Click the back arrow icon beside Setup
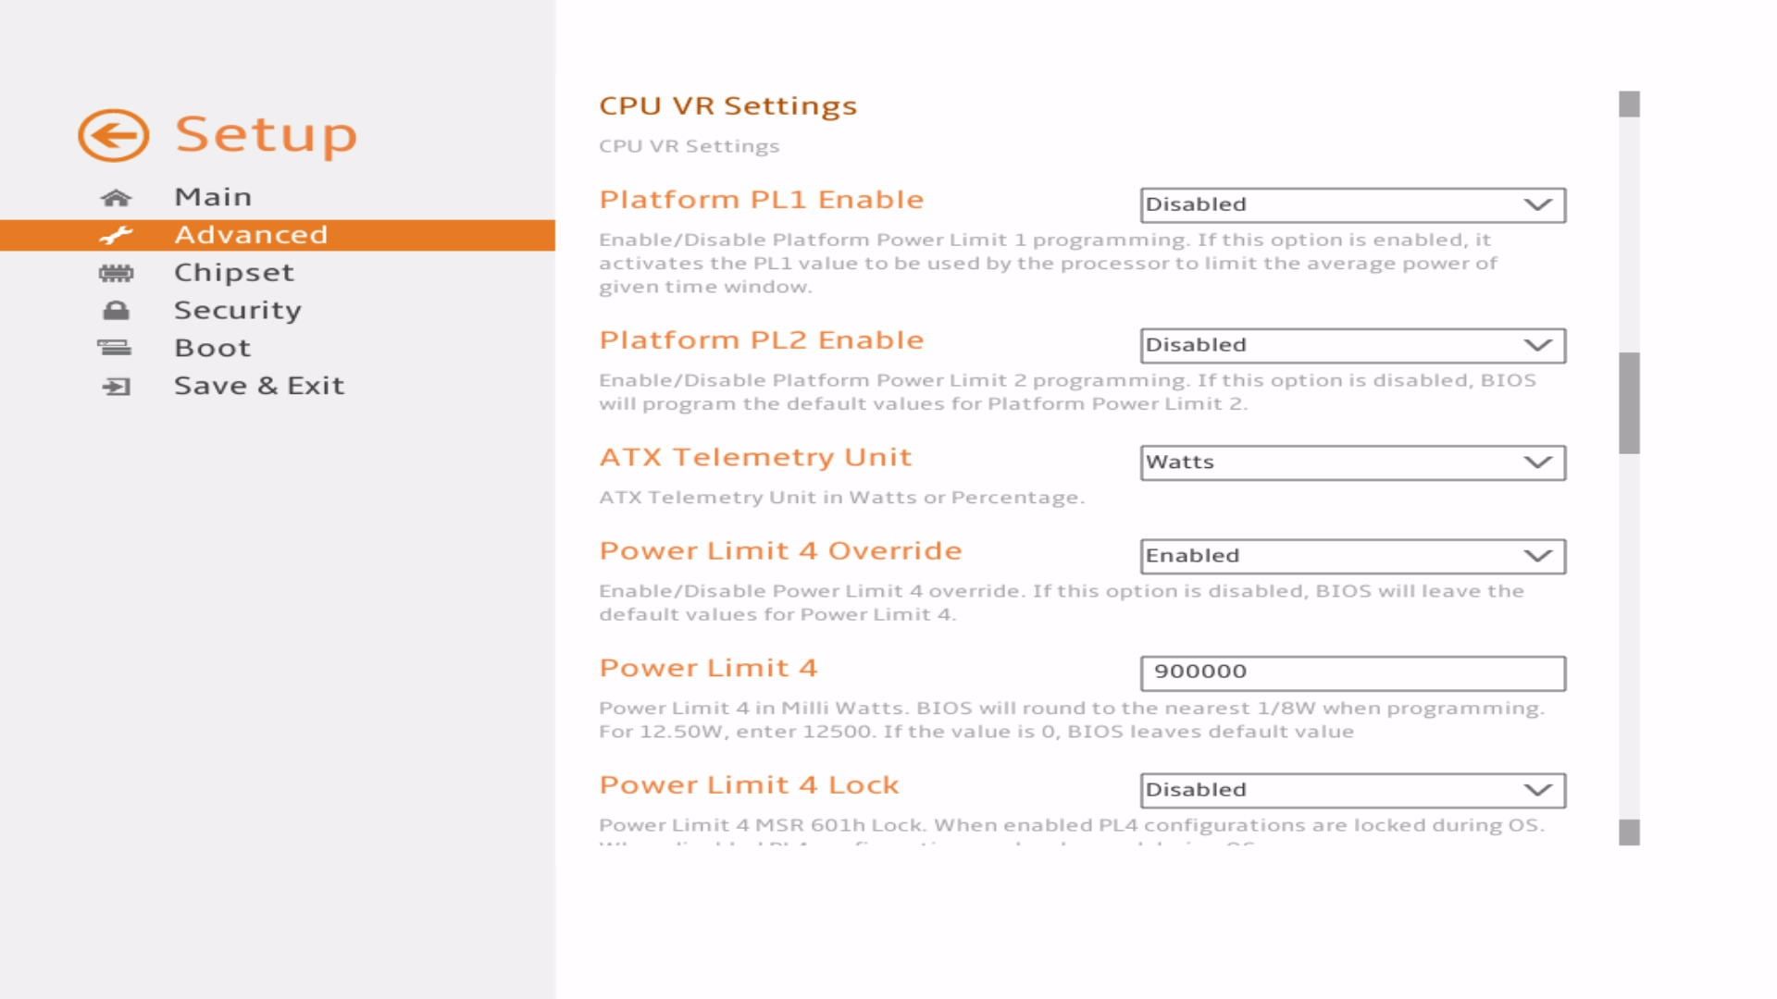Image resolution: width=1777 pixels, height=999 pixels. pos(113,135)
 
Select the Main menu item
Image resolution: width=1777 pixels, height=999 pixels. pos(213,197)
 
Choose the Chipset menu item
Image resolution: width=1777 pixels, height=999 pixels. pos(233,272)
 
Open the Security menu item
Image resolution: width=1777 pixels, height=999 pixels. pos(237,310)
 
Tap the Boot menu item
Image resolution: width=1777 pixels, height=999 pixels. pos(212,348)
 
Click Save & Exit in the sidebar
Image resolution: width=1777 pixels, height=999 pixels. pos(258,386)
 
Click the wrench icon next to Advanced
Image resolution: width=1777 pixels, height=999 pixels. pos(116,235)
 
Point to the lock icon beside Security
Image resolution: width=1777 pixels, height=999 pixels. pos(116,311)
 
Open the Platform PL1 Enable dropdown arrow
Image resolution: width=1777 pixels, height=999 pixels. pos(1537,204)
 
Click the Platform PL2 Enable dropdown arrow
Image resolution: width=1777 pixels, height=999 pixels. pos(1537,345)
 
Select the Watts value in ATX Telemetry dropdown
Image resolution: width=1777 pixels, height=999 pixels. pos(1179,462)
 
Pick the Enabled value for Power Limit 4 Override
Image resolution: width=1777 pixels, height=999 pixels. pos(1192,556)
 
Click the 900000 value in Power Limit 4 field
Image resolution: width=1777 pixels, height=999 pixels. pos(1199,672)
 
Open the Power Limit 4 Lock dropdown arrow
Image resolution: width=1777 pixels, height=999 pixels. pos(1537,790)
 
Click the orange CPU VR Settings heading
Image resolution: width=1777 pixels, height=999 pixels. pos(727,105)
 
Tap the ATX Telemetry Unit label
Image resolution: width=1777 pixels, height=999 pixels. pos(755,457)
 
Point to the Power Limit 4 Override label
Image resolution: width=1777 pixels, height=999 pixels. pos(780,550)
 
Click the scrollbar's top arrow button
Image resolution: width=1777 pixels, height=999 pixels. pos(1629,105)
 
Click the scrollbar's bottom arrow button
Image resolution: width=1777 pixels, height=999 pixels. pos(1629,832)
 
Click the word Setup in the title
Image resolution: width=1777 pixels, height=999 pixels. pos(266,135)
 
